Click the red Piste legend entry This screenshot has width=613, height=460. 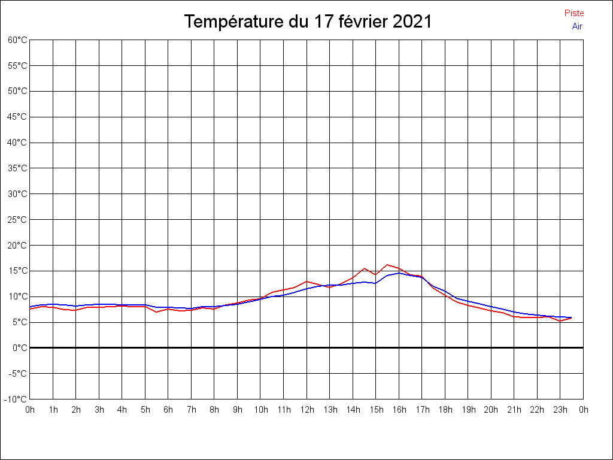(574, 13)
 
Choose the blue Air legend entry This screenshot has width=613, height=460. (577, 26)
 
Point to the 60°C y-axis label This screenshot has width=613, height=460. (17, 40)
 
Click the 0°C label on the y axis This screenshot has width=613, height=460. (20, 348)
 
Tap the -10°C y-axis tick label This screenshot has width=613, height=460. (16, 400)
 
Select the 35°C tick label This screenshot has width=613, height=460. (17, 168)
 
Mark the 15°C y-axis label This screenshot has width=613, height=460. (17, 271)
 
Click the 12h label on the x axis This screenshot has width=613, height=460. (306, 410)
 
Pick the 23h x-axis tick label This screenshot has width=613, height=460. (560, 410)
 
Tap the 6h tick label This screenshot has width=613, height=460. (168, 410)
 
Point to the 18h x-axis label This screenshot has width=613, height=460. (445, 410)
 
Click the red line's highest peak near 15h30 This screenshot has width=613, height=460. (387, 265)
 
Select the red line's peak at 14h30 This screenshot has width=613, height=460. (364, 268)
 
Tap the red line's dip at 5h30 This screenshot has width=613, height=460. (156, 312)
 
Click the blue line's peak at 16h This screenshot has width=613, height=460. (399, 273)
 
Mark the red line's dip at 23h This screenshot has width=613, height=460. (560, 321)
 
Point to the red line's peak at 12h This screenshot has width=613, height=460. (306, 282)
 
